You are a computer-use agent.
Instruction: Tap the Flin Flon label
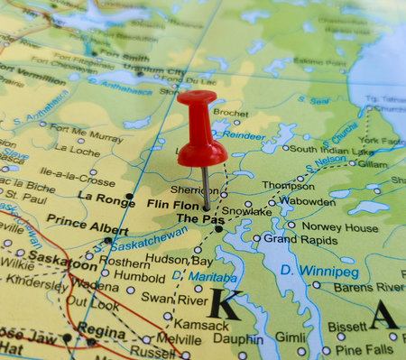pyautogui.click(x=171, y=204)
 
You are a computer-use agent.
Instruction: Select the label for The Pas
pyautogui.click(x=194, y=218)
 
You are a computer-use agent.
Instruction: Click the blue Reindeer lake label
pyautogui.click(x=244, y=135)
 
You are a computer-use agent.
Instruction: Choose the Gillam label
pyautogui.click(x=373, y=163)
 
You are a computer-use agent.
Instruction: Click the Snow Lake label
pyautogui.click(x=246, y=211)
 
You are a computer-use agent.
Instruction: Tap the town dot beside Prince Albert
pyautogui.click(x=107, y=239)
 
